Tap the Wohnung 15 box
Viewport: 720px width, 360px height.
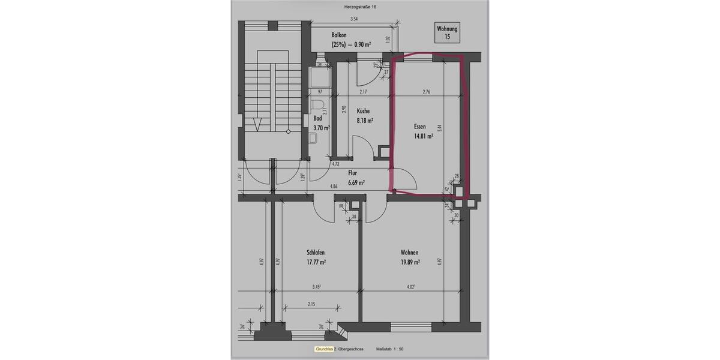click(447, 32)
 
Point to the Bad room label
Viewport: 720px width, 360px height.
click(317, 119)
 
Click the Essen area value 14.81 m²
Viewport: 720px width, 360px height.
click(423, 136)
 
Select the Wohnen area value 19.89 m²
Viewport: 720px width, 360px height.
click(410, 262)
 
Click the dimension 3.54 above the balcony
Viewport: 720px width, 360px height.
click(354, 20)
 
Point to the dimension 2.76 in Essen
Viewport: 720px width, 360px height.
click(427, 92)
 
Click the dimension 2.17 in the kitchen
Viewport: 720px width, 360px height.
click(364, 92)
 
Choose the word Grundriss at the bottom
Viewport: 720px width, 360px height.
click(323, 349)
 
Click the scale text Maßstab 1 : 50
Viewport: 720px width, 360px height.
click(391, 349)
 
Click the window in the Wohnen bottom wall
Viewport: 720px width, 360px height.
click(411, 327)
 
